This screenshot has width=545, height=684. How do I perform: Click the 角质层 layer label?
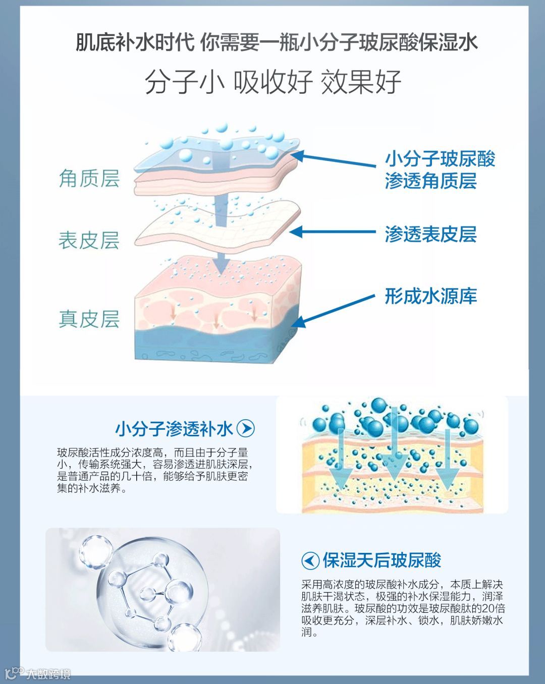click(x=89, y=179)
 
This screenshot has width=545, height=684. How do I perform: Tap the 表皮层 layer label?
click(x=89, y=240)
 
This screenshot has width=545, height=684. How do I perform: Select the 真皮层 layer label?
click(x=89, y=319)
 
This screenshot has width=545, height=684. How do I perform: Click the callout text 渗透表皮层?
click(x=430, y=234)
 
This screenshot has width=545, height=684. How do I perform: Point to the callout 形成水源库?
click(x=430, y=296)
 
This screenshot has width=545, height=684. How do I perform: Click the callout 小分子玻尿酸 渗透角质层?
click(x=440, y=170)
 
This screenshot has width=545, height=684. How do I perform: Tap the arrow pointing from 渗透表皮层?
click(x=333, y=232)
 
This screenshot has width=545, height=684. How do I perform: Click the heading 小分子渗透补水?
click(x=174, y=429)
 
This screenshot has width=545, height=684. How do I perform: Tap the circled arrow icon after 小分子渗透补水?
click(x=246, y=429)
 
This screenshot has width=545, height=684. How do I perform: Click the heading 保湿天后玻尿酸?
click(x=381, y=560)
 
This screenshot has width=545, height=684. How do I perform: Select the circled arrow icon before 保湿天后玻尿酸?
click(x=310, y=560)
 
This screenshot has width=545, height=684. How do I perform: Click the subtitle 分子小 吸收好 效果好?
click(x=272, y=82)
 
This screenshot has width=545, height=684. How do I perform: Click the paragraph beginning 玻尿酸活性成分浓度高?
click(x=152, y=470)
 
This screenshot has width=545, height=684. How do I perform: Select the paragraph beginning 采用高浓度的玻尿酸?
click(x=403, y=608)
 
